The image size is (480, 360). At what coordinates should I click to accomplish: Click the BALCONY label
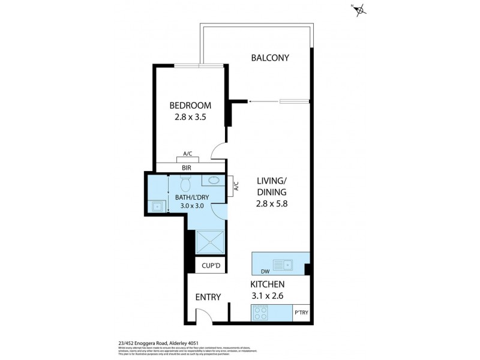(270, 58)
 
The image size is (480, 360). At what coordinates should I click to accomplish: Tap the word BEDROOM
(190, 106)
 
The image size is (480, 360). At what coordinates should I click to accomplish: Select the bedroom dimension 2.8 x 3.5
(190, 118)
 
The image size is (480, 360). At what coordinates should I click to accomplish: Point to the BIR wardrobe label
(187, 168)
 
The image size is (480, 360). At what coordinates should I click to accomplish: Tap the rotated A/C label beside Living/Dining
(236, 187)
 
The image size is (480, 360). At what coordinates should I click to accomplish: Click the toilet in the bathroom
(185, 181)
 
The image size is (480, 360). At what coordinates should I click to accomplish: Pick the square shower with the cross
(206, 244)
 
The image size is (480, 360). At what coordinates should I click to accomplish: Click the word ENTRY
(208, 297)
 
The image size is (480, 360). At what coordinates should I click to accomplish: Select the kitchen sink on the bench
(282, 263)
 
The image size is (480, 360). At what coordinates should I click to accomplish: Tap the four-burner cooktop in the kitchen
(260, 313)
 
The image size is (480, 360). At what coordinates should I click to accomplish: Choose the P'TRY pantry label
(301, 314)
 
